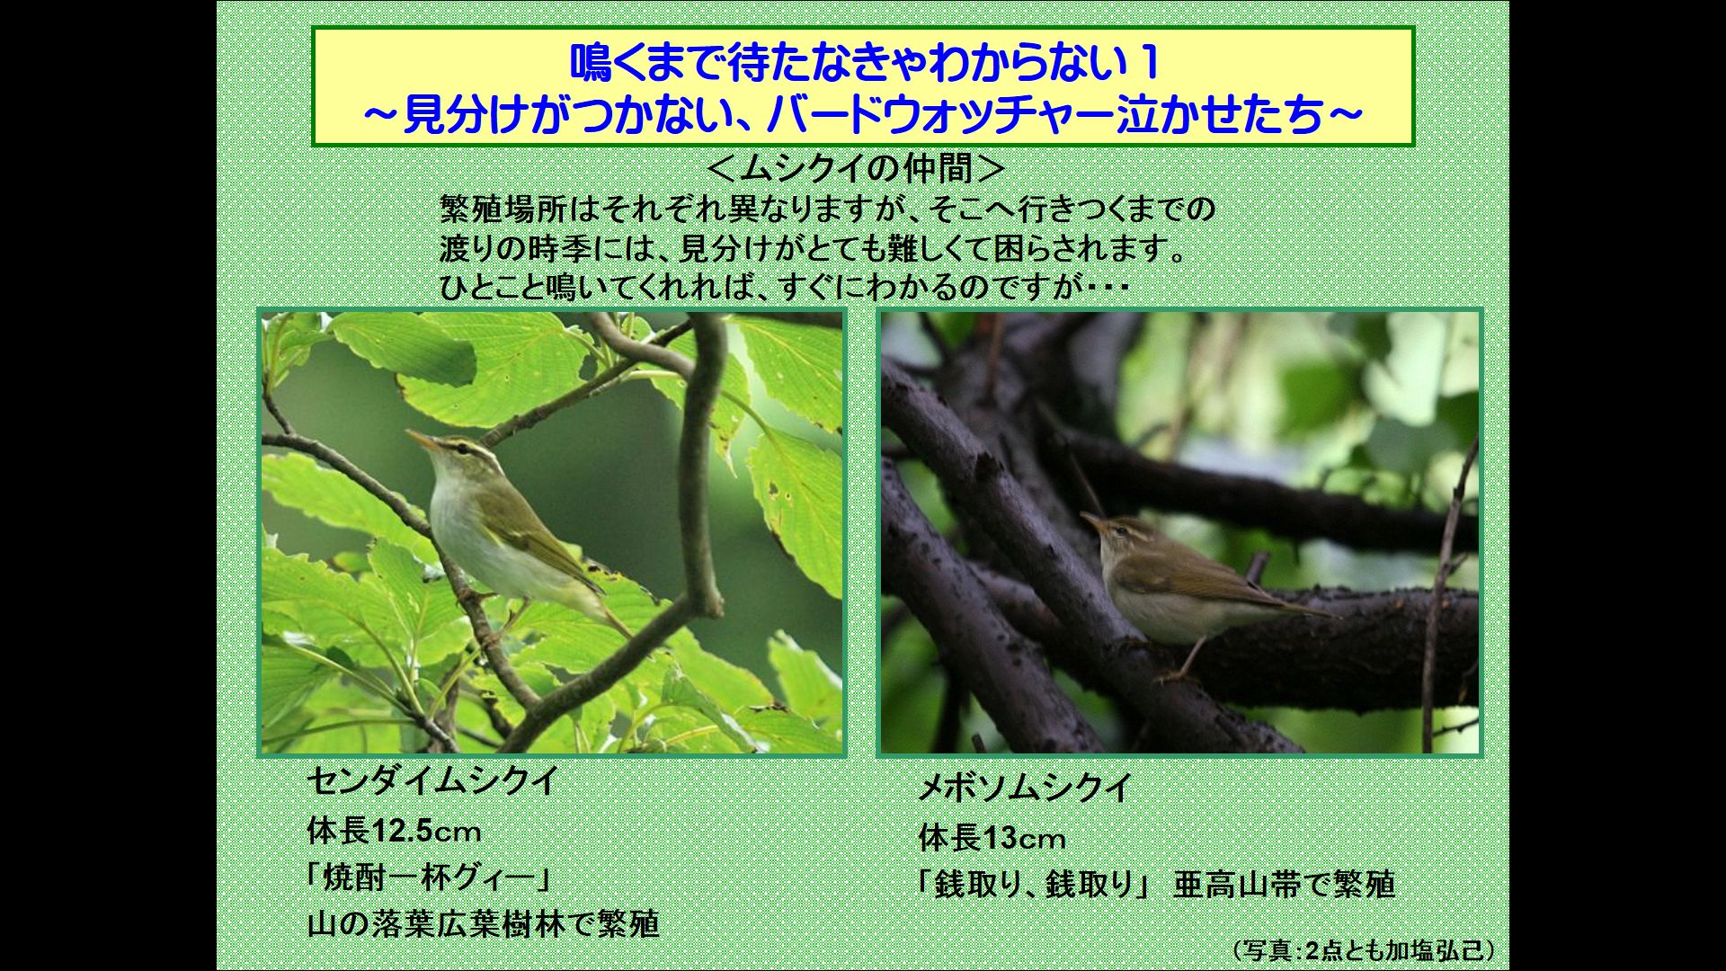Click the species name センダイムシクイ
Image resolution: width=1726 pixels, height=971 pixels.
432,780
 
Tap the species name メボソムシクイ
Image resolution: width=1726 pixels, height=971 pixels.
1024,788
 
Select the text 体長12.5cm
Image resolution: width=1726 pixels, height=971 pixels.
394,831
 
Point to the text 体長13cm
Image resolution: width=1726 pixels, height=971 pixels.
992,839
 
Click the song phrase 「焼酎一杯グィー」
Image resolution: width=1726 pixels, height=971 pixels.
429,877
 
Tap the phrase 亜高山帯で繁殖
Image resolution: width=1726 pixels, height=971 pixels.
1284,885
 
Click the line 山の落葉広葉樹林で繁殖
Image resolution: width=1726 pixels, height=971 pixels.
483,923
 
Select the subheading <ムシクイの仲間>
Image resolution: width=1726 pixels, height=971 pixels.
855,168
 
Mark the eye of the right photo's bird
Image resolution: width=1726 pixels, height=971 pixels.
1118,530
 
